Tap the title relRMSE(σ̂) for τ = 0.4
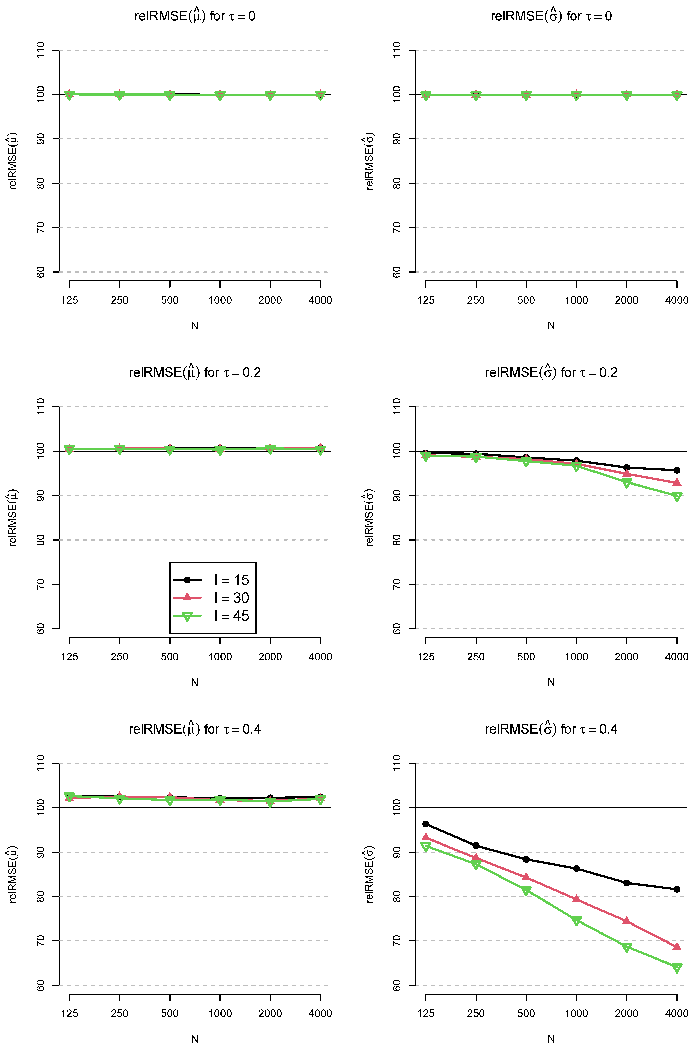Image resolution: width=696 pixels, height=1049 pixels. (x=551, y=729)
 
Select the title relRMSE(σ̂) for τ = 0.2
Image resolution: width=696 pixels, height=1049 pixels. (x=551, y=372)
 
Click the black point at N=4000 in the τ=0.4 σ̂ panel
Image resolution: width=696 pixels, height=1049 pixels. (x=677, y=889)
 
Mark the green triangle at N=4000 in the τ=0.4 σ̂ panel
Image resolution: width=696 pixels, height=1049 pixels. (x=677, y=968)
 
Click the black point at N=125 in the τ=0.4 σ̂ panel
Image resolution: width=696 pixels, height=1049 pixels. (x=426, y=824)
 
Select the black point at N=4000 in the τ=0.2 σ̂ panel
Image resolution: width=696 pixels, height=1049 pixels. (x=677, y=470)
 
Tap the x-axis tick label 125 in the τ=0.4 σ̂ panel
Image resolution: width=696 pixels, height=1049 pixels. (x=426, y=1013)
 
